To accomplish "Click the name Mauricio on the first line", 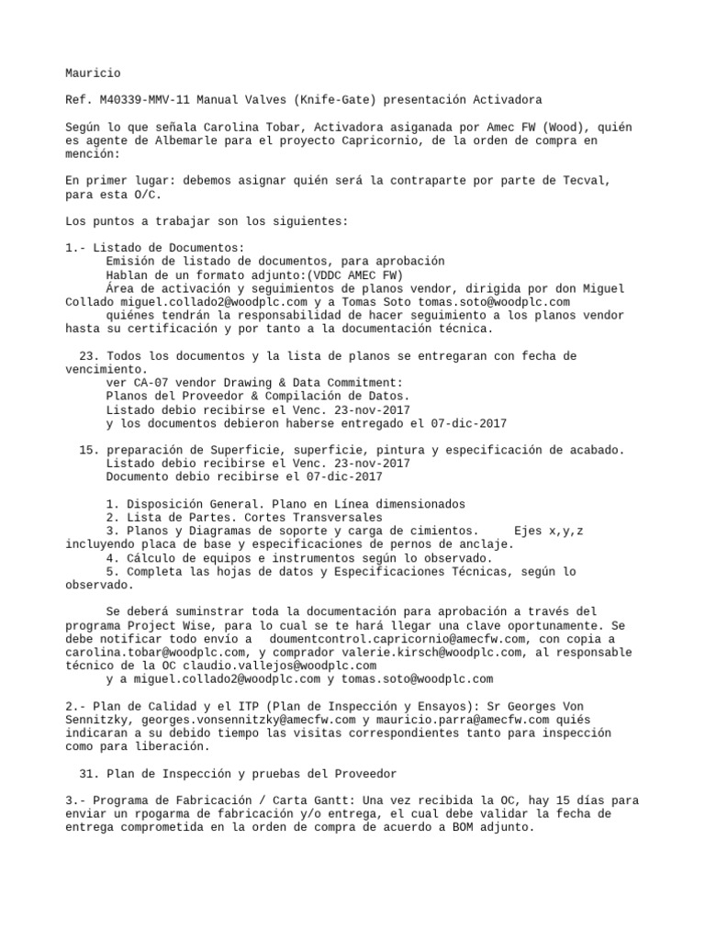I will point(93,73).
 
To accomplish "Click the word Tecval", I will point(582,180).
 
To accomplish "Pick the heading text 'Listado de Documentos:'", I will point(169,248).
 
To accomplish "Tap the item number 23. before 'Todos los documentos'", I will point(89,355).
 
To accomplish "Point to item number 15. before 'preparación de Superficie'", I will point(89,450).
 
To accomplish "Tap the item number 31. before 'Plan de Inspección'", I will point(89,773).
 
